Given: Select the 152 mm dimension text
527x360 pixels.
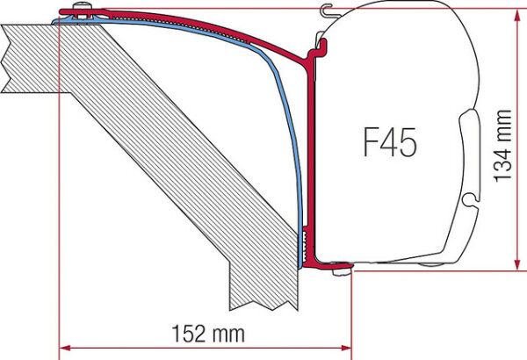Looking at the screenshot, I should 205,335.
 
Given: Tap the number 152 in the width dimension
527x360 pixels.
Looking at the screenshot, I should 185,335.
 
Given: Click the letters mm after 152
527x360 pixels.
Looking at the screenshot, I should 227,335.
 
